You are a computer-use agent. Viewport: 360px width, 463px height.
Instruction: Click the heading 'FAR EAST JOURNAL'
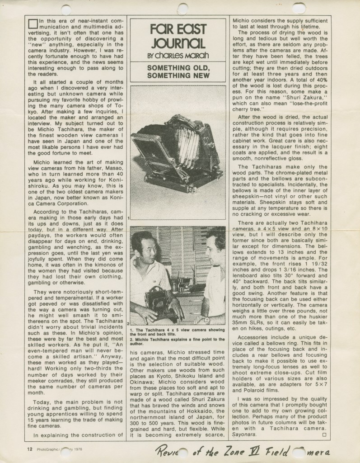pos(178,37)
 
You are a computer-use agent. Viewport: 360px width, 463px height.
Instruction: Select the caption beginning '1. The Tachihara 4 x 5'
pos(177,331)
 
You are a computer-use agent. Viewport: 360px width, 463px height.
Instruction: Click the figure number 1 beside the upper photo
pos(129,218)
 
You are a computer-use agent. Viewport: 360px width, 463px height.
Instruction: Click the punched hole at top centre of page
pos(182,8)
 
